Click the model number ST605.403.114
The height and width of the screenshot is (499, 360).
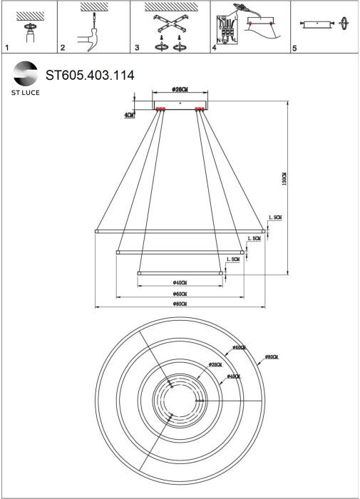pos(90,73)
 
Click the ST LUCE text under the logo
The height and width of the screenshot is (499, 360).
pos(26,93)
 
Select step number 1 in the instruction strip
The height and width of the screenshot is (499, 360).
pos(6,48)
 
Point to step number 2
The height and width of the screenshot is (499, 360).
pos(63,48)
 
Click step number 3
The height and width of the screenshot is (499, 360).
pos(136,48)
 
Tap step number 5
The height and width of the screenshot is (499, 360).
pos(294,48)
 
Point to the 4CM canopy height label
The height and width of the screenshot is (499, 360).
pos(128,115)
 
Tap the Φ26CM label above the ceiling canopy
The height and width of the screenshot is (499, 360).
pos(180,90)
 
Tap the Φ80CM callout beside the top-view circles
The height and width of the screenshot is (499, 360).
pos(271,356)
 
